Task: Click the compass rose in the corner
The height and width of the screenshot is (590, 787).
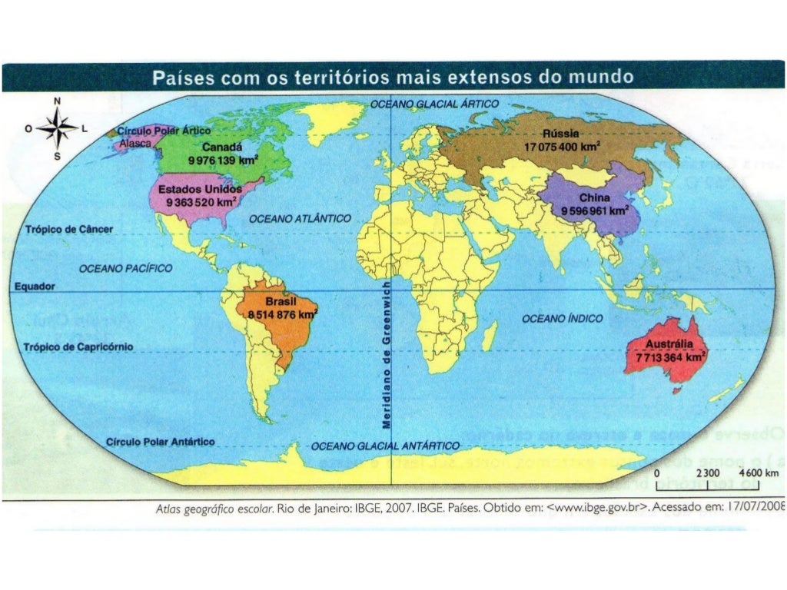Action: [56, 128]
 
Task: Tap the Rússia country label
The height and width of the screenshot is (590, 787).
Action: [562, 133]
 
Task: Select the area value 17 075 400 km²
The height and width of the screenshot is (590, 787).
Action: [562, 145]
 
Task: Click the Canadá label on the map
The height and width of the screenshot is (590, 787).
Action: [222, 147]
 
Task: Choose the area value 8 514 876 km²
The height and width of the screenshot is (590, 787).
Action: [282, 314]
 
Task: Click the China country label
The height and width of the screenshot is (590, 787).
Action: [595, 198]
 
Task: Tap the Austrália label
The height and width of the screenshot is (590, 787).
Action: [670, 344]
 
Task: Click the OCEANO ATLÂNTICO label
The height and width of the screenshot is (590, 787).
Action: [301, 219]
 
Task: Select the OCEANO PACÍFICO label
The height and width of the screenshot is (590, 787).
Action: [126, 268]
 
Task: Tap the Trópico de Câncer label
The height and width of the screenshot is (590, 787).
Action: [69, 230]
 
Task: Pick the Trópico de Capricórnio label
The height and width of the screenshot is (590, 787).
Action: [79, 347]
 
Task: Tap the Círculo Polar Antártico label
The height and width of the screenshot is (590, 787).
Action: [161, 442]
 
